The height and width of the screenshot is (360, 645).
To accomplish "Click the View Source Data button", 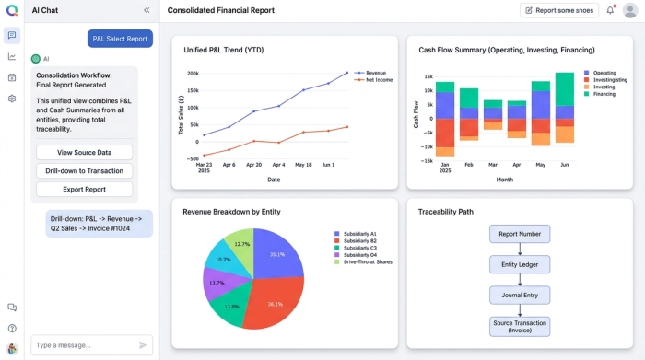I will [84, 152].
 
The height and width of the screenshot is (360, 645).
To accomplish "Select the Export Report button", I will [84, 189].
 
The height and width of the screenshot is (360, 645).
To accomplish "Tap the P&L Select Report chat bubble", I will [121, 38].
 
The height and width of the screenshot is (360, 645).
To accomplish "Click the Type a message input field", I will [82, 344].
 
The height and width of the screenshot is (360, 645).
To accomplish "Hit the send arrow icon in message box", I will [143, 344].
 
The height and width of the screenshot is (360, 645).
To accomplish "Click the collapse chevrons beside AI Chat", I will [147, 10].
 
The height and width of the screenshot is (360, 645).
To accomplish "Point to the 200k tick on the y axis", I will [192, 73].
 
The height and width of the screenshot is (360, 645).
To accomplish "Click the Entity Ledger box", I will [521, 265].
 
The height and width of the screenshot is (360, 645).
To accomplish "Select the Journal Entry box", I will [521, 295].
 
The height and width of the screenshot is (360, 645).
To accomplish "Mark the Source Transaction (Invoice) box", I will [521, 326].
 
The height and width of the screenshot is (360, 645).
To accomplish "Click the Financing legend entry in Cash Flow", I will [604, 94].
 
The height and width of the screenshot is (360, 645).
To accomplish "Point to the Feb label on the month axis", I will [469, 166].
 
